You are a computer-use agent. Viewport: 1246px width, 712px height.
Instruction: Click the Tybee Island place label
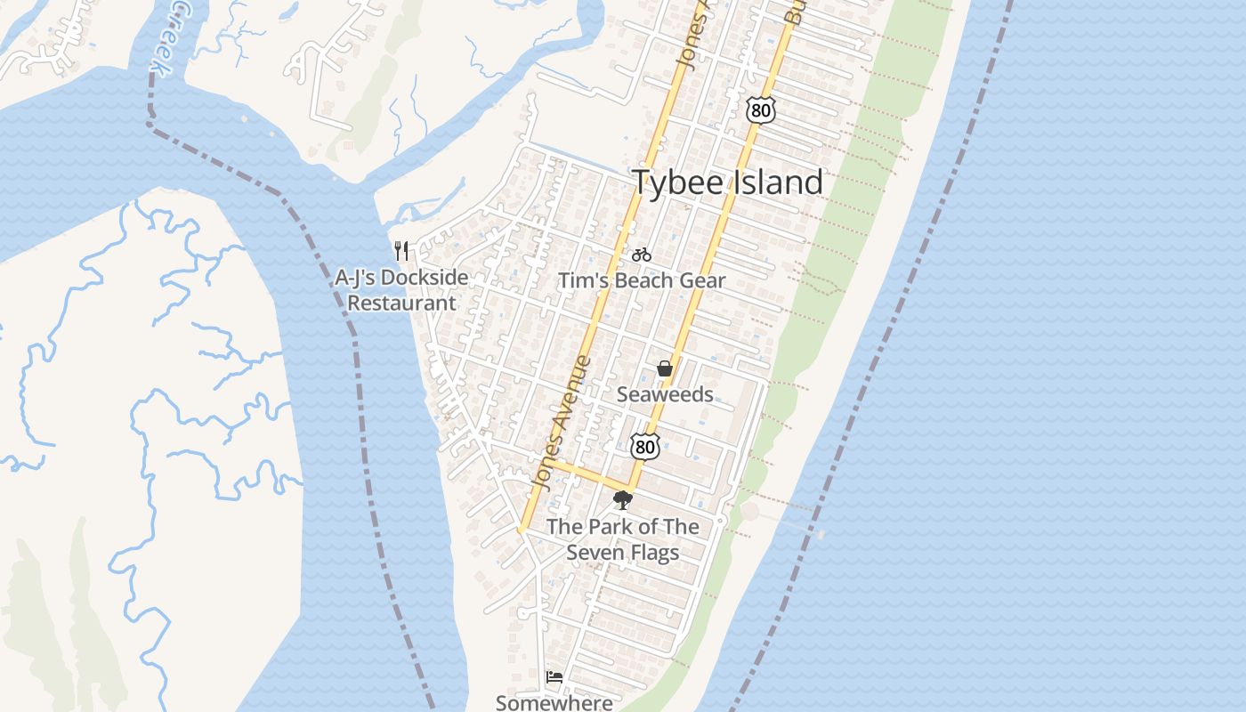[727, 182]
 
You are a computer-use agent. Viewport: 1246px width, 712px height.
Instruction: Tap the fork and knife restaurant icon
[401, 251]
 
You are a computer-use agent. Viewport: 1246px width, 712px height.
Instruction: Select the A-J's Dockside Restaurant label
[401, 290]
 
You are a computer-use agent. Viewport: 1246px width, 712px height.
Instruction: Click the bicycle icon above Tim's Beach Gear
[641, 255]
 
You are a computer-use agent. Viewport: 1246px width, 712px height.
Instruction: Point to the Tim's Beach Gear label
[642, 280]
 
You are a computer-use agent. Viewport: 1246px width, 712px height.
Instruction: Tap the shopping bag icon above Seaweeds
[664, 368]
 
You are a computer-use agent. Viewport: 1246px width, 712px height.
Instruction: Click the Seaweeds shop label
[665, 394]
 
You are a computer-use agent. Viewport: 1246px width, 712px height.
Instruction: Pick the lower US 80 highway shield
[644, 446]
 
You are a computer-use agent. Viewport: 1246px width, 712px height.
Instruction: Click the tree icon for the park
[623, 500]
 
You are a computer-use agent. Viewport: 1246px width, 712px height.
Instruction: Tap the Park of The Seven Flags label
[623, 539]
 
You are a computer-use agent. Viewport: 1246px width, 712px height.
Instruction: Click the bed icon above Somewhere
[554, 677]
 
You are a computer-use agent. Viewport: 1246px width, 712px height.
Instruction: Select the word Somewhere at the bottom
[554, 702]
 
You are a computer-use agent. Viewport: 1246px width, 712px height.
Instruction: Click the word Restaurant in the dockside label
[401, 303]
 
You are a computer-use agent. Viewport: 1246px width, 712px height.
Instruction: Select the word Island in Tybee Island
[776, 182]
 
